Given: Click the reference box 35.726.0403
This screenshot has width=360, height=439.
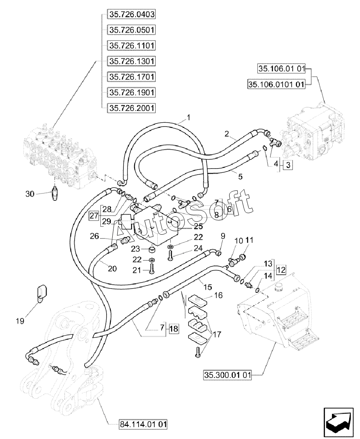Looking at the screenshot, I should (x=131, y=15).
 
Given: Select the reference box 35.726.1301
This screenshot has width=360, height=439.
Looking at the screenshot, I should (x=131, y=61).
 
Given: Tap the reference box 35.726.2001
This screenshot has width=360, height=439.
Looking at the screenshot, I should (x=131, y=108).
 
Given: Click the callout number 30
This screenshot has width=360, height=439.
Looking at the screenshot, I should (x=30, y=194).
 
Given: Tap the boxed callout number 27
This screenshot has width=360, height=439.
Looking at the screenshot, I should (x=93, y=215).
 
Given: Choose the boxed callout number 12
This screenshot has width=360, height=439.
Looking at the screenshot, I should (x=281, y=270).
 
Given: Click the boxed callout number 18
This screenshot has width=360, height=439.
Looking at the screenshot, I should (x=173, y=328).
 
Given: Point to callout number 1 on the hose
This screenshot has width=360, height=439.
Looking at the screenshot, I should (x=188, y=117).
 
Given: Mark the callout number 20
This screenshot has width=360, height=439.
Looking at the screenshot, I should (x=112, y=269).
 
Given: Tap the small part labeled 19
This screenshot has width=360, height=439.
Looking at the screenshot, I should (x=41, y=292).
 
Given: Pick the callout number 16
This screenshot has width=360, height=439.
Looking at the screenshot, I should (x=218, y=295).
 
